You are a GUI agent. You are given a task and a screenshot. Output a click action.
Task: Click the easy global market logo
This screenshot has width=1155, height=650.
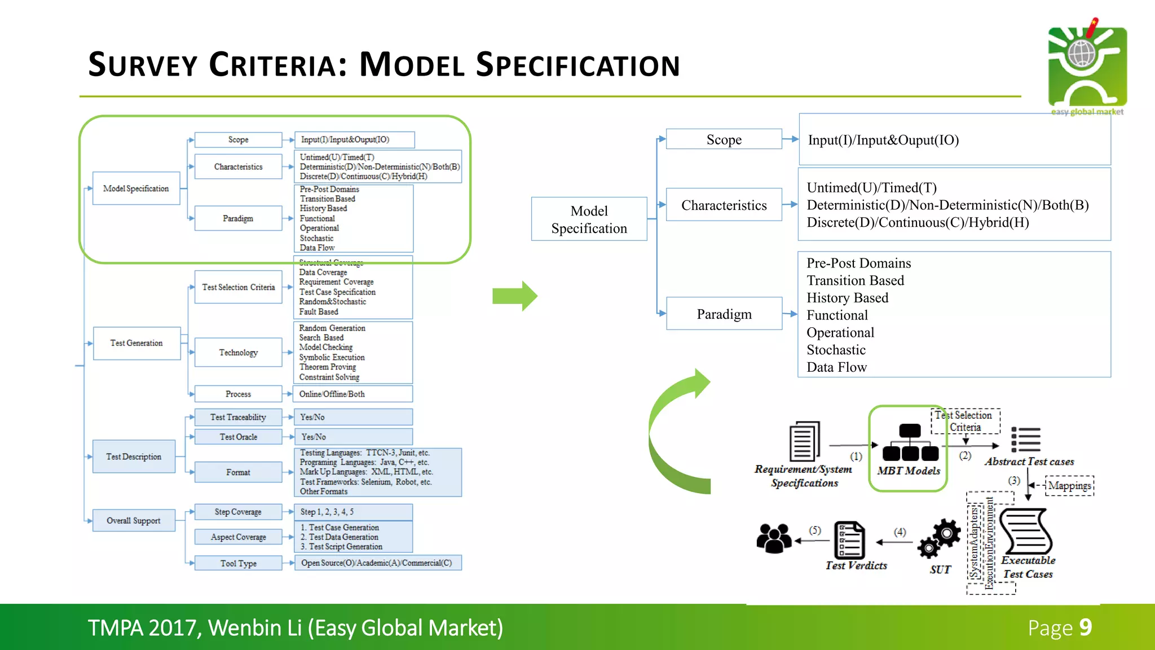[x=1087, y=67]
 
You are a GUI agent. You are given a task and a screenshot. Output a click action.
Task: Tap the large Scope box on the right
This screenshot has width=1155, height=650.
[x=724, y=139]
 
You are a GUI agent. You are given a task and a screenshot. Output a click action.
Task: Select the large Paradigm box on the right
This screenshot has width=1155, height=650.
[x=724, y=314]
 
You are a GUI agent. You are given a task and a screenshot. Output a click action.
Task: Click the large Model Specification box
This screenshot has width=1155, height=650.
[x=589, y=219]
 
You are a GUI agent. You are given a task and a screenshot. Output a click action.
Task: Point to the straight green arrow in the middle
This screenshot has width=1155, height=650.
[x=514, y=296]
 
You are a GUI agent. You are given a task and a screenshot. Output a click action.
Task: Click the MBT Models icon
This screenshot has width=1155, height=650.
[x=910, y=443]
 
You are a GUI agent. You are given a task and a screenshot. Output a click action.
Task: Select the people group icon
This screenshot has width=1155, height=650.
[x=774, y=538]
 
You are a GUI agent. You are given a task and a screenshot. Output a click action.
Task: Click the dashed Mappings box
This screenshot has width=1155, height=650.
[x=1069, y=486]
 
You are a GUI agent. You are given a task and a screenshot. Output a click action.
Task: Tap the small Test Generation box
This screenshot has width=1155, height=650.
[x=136, y=343]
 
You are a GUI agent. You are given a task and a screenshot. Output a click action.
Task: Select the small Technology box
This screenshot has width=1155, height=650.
[x=238, y=353]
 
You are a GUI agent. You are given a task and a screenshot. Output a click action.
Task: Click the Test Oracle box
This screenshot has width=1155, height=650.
[x=238, y=437]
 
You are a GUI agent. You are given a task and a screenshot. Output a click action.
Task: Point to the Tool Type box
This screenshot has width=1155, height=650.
[x=238, y=563]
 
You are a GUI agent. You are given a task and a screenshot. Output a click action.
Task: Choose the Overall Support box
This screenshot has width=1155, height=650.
[x=134, y=520]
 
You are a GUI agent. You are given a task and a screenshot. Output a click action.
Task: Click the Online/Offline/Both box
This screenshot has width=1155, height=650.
[x=353, y=394]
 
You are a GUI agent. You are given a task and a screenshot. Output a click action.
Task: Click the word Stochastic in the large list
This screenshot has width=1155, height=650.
[x=836, y=350]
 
